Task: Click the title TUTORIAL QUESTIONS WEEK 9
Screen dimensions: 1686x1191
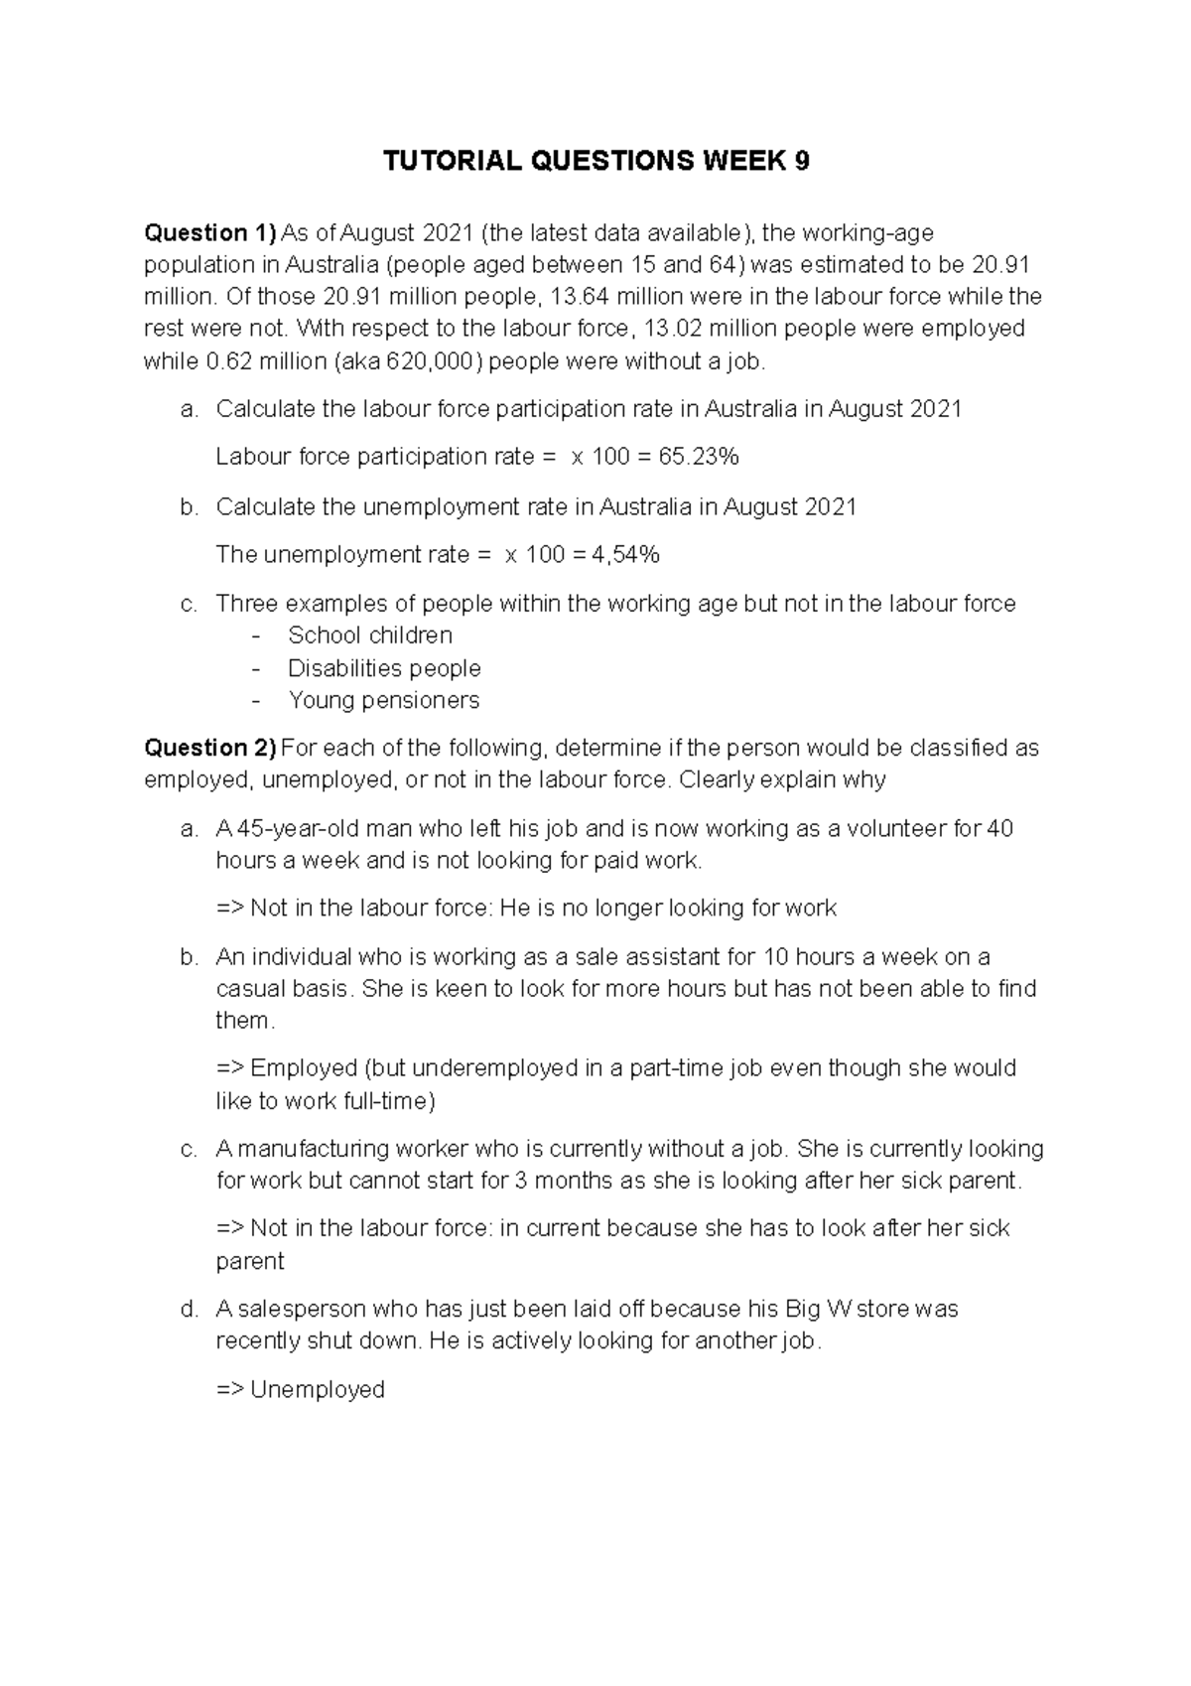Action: (596, 163)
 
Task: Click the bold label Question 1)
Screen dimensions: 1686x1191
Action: (209, 233)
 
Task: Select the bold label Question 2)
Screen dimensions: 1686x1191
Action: (209, 748)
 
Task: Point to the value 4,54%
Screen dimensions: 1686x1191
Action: (625, 555)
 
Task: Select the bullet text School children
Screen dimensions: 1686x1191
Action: (369, 635)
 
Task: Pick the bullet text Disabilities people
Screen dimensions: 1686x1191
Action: (384, 668)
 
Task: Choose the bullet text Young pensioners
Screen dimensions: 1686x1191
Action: (383, 701)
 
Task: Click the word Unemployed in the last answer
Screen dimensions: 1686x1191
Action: (317, 1389)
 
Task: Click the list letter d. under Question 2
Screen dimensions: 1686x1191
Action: (190, 1309)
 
